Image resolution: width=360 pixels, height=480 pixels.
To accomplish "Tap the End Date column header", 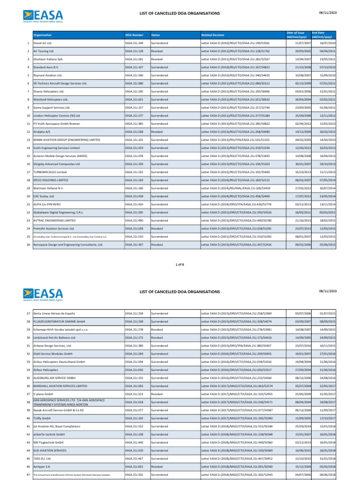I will coord(325,33).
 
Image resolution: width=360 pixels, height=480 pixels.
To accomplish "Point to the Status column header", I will coord(156,35).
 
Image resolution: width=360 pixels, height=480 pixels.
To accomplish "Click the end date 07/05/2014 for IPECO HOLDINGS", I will coord(327,180).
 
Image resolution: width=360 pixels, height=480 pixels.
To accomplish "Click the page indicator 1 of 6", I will coord(180,264).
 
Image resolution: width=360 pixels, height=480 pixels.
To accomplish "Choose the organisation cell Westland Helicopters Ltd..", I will coord(52,99).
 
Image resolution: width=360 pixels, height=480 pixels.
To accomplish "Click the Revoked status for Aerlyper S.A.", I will coord(157,466).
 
